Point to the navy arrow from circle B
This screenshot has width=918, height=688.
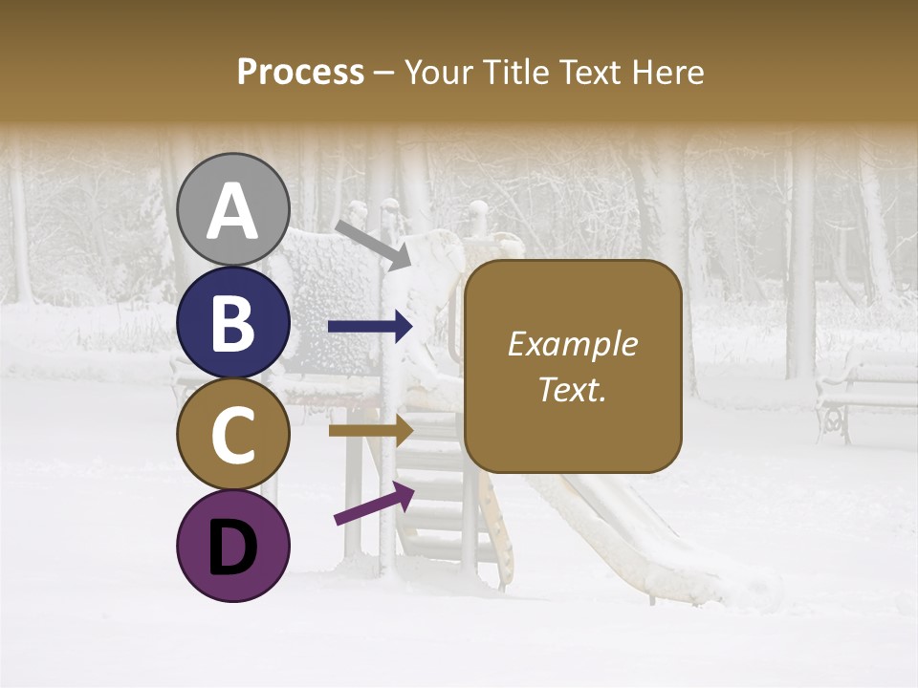click(370, 327)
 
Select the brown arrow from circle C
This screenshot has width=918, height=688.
click(370, 430)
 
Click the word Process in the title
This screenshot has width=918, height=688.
click(300, 72)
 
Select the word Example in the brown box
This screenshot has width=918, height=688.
click(572, 344)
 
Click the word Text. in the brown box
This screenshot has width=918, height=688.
click(572, 389)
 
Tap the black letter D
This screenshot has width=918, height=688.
click(233, 548)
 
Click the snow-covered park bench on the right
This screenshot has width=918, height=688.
click(865, 392)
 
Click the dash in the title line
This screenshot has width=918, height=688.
click(384, 73)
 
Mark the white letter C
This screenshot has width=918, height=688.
click(233, 436)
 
